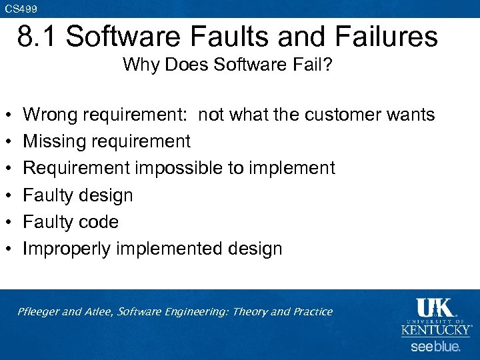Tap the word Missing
[x=54, y=141]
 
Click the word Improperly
[x=67, y=249]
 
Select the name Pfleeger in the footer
[x=39, y=312]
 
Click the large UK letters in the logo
[x=434, y=308]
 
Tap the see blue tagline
[x=435, y=347]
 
